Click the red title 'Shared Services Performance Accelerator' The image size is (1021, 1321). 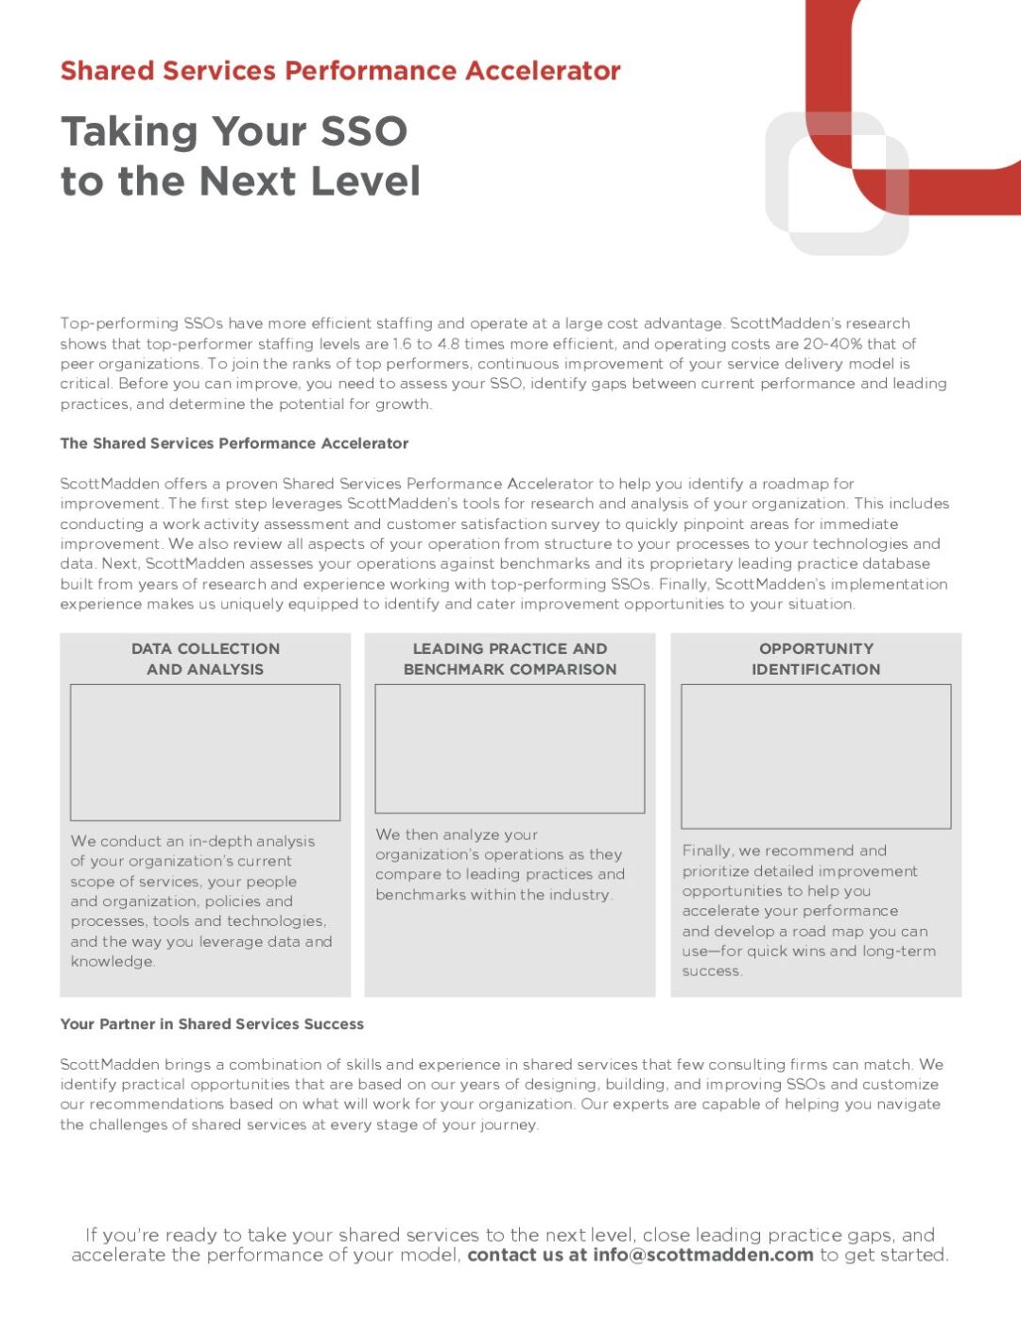point(340,71)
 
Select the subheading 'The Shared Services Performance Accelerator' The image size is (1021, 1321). point(234,443)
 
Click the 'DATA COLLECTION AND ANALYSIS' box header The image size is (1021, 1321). point(205,659)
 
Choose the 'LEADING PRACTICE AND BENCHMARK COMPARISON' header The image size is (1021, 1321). point(510,659)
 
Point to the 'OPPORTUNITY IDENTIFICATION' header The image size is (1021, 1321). point(816,659)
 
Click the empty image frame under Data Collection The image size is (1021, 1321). point(205,752)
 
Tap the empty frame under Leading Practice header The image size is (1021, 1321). point(510,748)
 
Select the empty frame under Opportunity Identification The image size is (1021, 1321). point(816,756)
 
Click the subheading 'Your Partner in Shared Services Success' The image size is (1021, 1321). point(212,1024)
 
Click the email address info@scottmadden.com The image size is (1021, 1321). point(702,1255)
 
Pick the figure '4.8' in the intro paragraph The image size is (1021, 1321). point(448,344)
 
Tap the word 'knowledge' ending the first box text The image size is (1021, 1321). point(112,962)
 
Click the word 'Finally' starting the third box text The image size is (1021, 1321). point(706,850)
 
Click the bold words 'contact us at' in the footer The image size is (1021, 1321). point(527,1255)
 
